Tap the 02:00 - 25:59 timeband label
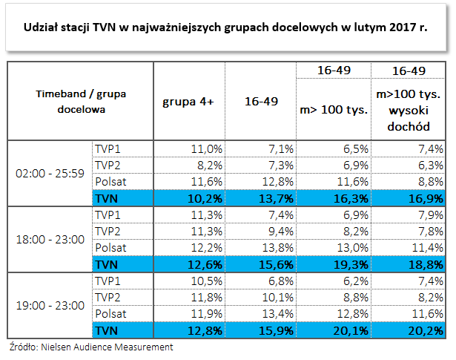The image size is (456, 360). pyautogui.click(x=50, y=173)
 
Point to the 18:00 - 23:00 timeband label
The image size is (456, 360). pyautogui.click(x=50, y=240)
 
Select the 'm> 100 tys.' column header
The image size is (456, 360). pyautogui.click(x=334, y=109)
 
